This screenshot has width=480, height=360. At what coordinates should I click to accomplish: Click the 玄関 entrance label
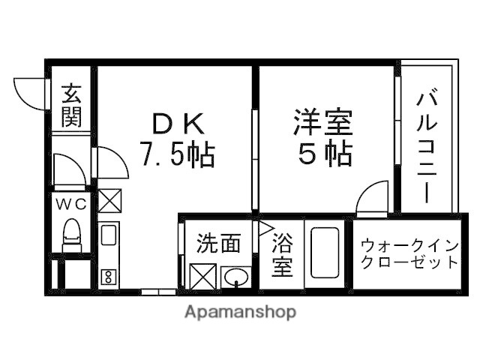coord(71,106)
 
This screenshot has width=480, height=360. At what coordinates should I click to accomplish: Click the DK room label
coord(177,121)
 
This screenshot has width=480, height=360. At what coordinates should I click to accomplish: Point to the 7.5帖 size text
coord(177,154)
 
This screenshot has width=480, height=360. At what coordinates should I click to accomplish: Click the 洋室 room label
coord(323,121)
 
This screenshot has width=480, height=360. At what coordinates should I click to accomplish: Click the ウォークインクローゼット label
coord(409,253)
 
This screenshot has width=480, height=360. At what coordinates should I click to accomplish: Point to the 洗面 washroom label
coord(219,243)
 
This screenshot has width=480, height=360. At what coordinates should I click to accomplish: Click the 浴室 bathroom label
coord(282,255)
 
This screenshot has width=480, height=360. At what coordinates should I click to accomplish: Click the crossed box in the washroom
coord(202,277)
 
